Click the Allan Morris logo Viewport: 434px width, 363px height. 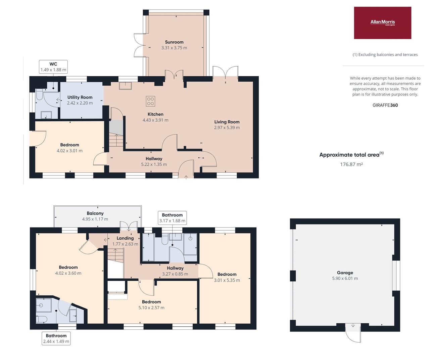click(x=382, y=23)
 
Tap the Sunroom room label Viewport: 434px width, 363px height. click(x=174, y=42)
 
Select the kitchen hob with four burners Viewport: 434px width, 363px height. click(x=150, y=101)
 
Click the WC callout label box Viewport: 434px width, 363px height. click(x=53, y=67)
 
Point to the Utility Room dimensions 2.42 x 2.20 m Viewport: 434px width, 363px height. click(x=80, y=103)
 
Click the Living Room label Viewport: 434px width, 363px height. click(x=227, y=122)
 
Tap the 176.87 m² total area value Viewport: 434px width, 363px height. click(x=351, y=164)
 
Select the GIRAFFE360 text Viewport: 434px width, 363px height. click(x=385, y=105)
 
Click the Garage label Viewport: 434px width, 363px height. click(x=345, y=273)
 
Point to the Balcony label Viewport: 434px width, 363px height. click(x=95, y=213)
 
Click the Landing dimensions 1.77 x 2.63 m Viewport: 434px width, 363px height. click(x=125, y=244)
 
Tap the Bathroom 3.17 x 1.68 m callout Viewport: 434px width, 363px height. click(x=172, y=218)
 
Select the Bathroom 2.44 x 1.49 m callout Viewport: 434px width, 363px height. click(x=56, y=338)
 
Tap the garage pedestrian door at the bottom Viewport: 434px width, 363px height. click(x=353, y=332)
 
